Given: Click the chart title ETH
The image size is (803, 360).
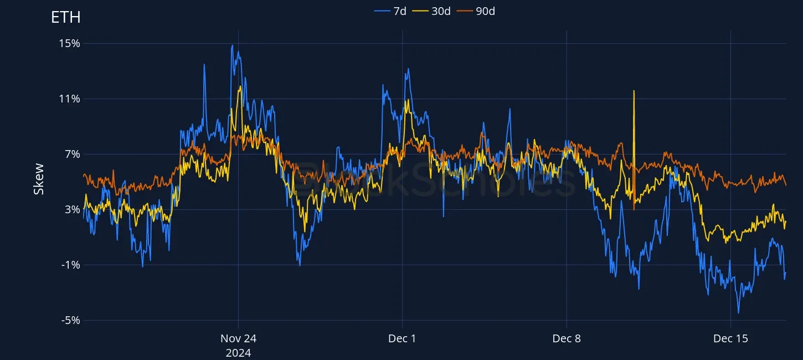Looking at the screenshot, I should [x=66, y=17].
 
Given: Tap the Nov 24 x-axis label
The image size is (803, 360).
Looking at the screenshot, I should [x=238, y=338].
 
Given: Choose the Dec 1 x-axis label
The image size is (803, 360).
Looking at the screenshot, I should [x=402, y=338].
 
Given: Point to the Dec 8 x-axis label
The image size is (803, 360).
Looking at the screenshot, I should [x=567, y=338].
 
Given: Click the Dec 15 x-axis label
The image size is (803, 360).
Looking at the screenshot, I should [x=730, y=338].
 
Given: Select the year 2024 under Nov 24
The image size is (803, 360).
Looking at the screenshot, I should [x=238, y=353].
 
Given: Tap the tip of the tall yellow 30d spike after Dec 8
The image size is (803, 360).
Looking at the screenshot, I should [x=634, y=91].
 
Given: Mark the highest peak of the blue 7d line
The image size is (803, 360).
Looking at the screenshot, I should [x=233, y=45].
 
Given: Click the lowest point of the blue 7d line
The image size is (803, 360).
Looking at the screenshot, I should [x=738, y=313].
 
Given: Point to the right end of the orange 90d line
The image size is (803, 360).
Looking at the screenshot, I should [x=786, y=185].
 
